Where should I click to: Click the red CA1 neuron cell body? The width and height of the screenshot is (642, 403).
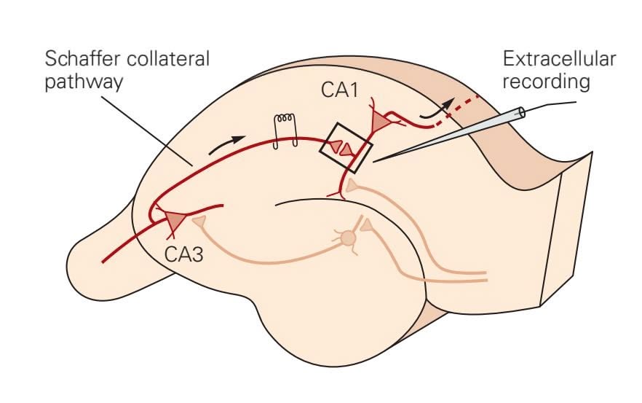tap(381, 122)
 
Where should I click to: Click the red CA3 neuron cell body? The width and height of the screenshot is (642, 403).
tap(175, 219)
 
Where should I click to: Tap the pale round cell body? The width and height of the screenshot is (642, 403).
tap(348, 237)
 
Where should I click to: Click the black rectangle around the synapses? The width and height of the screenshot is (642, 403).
tap(346, 148)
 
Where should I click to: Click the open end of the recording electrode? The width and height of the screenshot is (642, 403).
tap(523, 114)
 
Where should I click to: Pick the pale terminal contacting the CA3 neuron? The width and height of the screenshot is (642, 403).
tap(199, 218)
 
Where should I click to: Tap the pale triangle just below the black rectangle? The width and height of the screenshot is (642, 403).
tap(352, 187)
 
